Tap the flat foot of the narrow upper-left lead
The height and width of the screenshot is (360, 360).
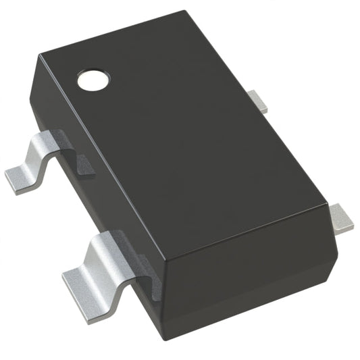(x=20, y=177)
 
